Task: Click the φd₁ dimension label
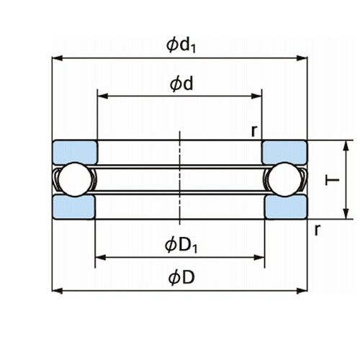pyautogui.click(x=181, y=45)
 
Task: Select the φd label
pyautogui.click(x=181, y=84)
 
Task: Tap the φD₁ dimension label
pyautogui.click(x=181, y=246)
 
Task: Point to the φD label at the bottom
pyautogui.click(x=181, y=278)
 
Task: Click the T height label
pyautogui.click(x=332, y=180)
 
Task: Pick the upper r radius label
pyautogui.click(x=254, y=131)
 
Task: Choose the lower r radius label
pyautogui.click(x=318, y=230)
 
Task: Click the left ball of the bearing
pyautogui.click(x=76, y=179)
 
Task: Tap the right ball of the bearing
pyautogui.click(x=285, y=179)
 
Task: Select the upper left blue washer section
pyautogui.click(x=75, y=152)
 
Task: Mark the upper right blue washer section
pyautogui.click(x=284, y=152)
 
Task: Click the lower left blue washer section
pyautogui.click(x=74, y=207)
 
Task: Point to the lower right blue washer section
pyautogui.click(x=286, y=207)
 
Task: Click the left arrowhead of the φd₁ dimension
pyautogui.click(x=57, y=58)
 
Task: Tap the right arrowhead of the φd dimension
pyautogui.click(x=256, y=96)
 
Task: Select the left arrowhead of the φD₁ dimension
pyautogui.click(x=101, y=258)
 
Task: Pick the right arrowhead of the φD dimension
pyautogui.click(x=302, y=291)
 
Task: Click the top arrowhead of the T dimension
pyautogui.click(x=346, y=145)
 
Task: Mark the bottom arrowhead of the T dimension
pyautogui.click(x=346, y=214)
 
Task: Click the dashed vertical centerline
pyautogui.click(x=180, y=178)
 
